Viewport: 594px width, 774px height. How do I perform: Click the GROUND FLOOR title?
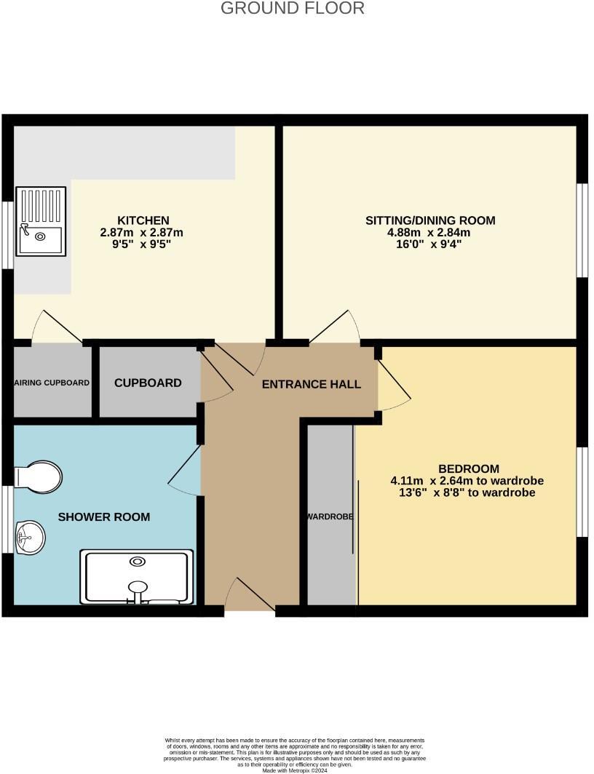292,9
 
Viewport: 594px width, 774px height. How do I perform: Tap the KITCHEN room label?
143,220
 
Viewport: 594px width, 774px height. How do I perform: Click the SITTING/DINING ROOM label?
430,220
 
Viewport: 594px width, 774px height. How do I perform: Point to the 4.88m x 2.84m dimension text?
430,233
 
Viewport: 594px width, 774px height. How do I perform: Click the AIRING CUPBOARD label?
52,383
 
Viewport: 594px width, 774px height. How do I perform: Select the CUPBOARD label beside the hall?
148,383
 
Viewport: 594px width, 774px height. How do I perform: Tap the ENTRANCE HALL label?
312,384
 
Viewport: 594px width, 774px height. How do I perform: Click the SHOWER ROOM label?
104,517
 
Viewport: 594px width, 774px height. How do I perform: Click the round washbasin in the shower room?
30,538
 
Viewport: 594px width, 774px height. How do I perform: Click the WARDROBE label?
330,516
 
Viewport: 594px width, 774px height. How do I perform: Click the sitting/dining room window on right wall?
582,230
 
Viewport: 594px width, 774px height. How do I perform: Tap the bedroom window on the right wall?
582,492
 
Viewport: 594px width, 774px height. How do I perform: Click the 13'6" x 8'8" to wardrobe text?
462,492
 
